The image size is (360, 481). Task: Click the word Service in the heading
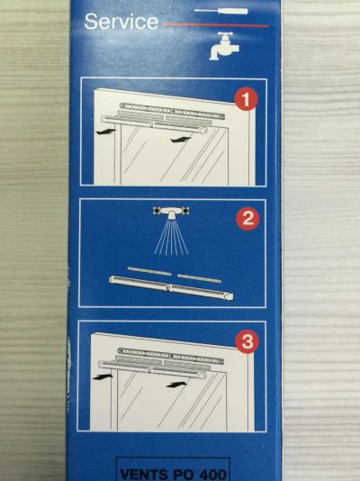click(x=121, y=22)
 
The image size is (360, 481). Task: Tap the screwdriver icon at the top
click(x=220, y=11)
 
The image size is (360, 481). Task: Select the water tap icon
click(x=224, y=45)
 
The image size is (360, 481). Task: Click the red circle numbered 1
click(x=246, y=99)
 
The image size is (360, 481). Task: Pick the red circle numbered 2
click(x=247, y=219)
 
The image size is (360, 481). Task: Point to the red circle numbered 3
click(x=247, y=341)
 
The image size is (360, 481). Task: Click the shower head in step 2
click(x=171, y=213)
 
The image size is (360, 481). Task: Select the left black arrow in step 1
click(x=105, y=132)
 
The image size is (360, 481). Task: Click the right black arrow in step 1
click(x=181, y=140)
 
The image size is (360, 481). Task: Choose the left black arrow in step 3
click(x=103, y=377)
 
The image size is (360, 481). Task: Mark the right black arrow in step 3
click(x=176, y=385)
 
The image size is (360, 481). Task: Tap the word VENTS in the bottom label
click(x=140, y=475)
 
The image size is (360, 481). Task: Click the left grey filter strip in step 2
click(x=149, y=271)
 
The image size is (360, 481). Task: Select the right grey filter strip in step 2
click(x=199, y=278)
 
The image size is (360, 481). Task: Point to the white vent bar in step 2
click(x=171, y=287)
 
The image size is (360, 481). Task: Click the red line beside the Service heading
click(x=215, y=25)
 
